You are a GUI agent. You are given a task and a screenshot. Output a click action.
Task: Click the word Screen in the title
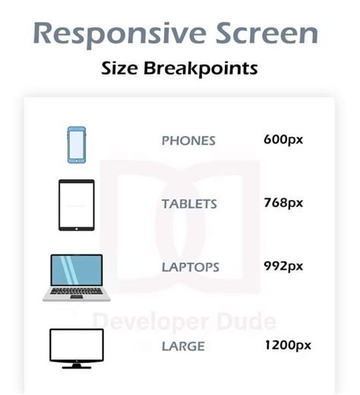tap(264, 34)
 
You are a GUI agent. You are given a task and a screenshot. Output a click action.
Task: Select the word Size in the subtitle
tap(119, 68)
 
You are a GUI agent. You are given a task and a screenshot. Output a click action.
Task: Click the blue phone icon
tap(76, 144)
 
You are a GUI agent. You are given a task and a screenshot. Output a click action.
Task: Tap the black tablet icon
tap(77, 205)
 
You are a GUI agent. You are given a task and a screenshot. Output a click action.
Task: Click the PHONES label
tap(188, 141)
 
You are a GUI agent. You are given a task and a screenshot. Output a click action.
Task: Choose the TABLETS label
tap(189, 204)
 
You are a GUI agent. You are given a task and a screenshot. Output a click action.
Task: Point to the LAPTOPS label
tap(191, 267)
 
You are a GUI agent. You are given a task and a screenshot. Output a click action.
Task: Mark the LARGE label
tap(182, 346)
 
